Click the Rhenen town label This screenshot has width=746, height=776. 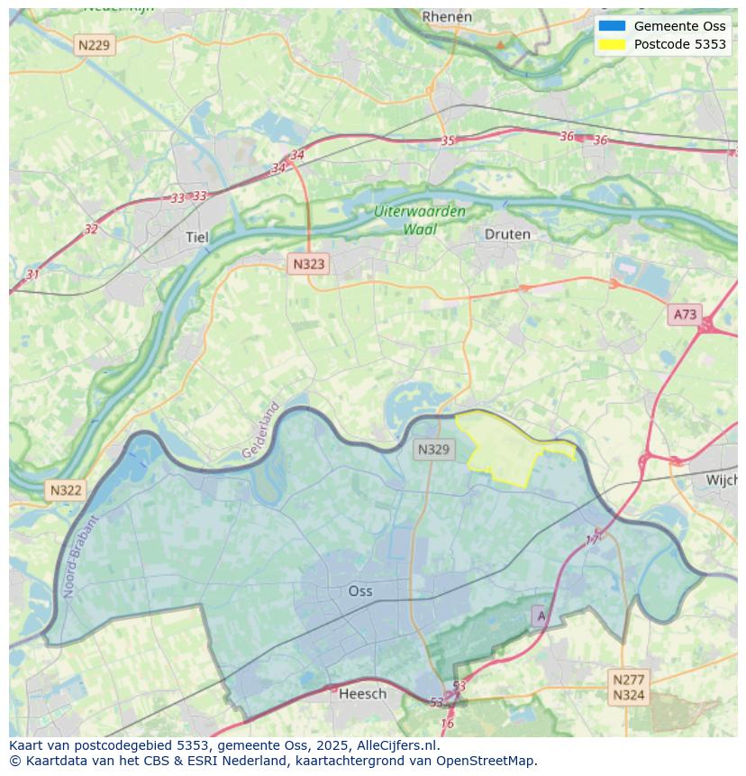click(x=446, y=16)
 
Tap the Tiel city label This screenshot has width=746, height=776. click(x=196, y=237)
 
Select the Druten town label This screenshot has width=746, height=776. click(x=507, y=234)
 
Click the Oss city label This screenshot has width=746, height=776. click(x=360, y=591)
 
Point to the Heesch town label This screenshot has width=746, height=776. click(x=362, y=693)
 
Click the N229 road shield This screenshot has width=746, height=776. click(x=95, y=44)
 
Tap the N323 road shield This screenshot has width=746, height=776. click(x=308, y=264)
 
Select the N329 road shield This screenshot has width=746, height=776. click(x=433, y=449)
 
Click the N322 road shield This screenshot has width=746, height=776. click(x=66, y=490)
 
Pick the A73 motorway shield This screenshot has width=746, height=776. click(x=685, y=314)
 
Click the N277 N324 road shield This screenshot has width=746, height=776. click(x=628, y=687)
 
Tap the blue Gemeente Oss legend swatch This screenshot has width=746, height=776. click(x=611, y=26)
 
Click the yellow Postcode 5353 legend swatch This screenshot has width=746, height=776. click(x=611, y=44)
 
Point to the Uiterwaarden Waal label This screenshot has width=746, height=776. click(x=420, y=220)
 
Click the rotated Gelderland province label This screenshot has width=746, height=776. click(x=261, y=430)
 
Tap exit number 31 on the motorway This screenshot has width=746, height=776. click(x=32, y=274)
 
